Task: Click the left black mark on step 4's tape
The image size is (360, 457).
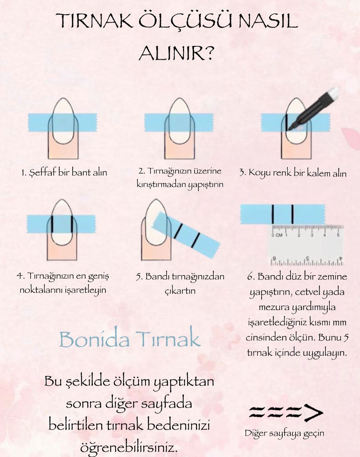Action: pyautogui.click(x=52, y=224)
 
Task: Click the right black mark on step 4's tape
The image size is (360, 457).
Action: pyautogui.click(x=72, y=224)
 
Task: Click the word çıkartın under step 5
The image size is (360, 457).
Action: pyautogui.click(x=180, y=291)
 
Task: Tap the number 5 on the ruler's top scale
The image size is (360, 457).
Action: pyautogui.click(x=338, y=235)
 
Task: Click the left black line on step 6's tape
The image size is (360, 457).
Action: pyautogui.click(x=273, y=214)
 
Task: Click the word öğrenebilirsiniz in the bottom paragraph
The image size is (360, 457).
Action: pyautogui.click(x=129, y=447)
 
